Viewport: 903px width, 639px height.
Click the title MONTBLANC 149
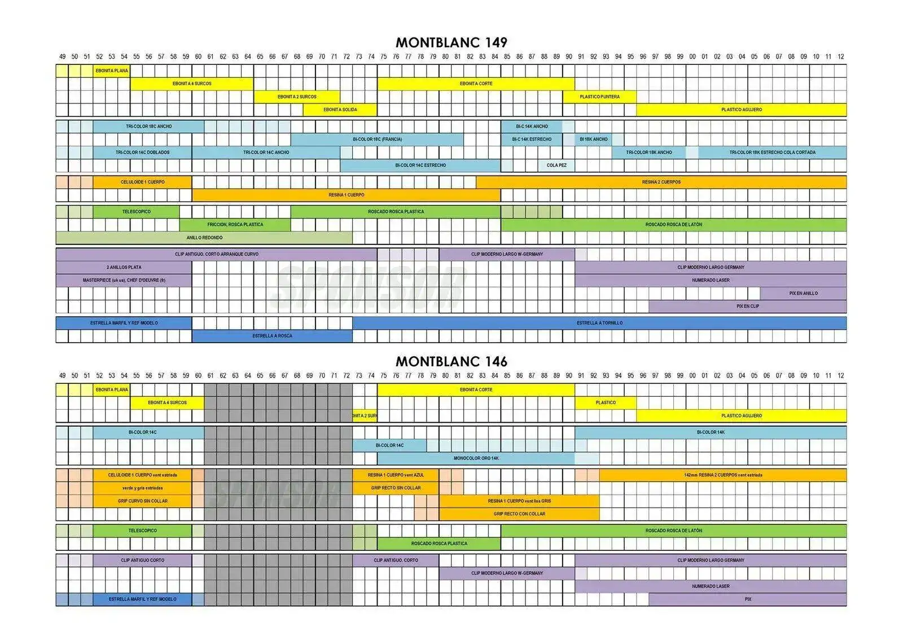pyautogui.click(x=451, y=42)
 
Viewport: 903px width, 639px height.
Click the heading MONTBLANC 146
pyautogui.click(x=451, y=361)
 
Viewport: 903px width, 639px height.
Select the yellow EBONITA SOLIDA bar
pyautogui.click(x=340, y=110)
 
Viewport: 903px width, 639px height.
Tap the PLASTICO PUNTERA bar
pyautogui.click(x=599, y=97)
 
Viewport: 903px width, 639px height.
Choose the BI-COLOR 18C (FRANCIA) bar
pyautogui.click(x=377, y=139)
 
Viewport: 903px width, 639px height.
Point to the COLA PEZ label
pyautogui.click(x=556, y=165)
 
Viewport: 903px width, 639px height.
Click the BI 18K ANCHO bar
pyautogui.click(x=594, y=139)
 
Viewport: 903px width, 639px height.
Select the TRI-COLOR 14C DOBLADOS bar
pyautogui.click(x=142, y=152)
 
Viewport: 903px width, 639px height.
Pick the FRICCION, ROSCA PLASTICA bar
pyautogui.click(x=235, y=225)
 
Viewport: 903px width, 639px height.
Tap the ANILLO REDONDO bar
pyautogui.click(x=204, y=238)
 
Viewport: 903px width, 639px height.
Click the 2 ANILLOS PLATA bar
pyautogui.click(x=124, y=268)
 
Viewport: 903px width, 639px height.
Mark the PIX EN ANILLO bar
pyautogui.click(x=803, y=294)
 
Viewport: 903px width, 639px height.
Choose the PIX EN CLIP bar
pyautogui.click(x=747, y=307)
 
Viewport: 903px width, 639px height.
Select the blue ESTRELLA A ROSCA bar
pyautogui.click(x=272, y=336)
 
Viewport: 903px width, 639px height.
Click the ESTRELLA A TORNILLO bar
pyautogui.click(x=599, y=323)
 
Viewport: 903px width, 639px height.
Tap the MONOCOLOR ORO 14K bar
pyautogui.click(x=476, y=458)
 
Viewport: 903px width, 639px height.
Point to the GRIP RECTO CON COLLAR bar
pyautogui.click(x=519, y=514)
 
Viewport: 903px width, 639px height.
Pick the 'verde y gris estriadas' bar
pyautogui.click(x=142, y=488)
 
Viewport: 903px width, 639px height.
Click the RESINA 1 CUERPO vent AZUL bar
pyautogui.click(x=396, y=475)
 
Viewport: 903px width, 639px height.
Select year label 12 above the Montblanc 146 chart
pyautogui.click(x=840, y=375)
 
